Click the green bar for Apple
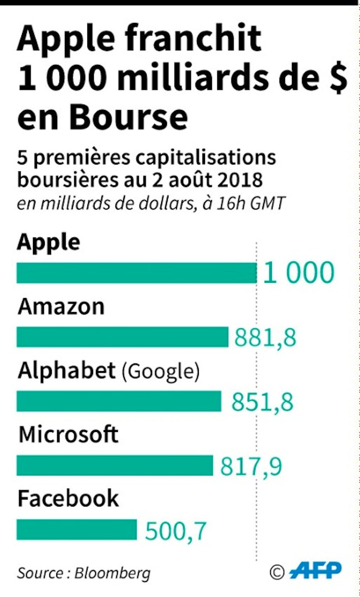(x=137, y=273)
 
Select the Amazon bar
(x=122, y=337)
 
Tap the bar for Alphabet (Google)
(x=119, y=401)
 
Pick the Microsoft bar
(x=115, y=465)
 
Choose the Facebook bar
(x=77, y=529)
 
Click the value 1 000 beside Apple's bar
(x=298, y=273)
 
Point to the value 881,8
(x=265, y=337)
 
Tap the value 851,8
(x=262, y=401)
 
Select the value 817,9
(x=251, y=466)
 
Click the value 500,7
(x=176, y=530)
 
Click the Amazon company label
(x=61, y=307)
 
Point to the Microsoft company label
(x=68, y=434)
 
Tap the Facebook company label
(x=68, y=498)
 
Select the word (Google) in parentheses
(x=160, y=371)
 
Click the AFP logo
(x=315, y=571)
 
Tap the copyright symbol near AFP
(x=277, y=572)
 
